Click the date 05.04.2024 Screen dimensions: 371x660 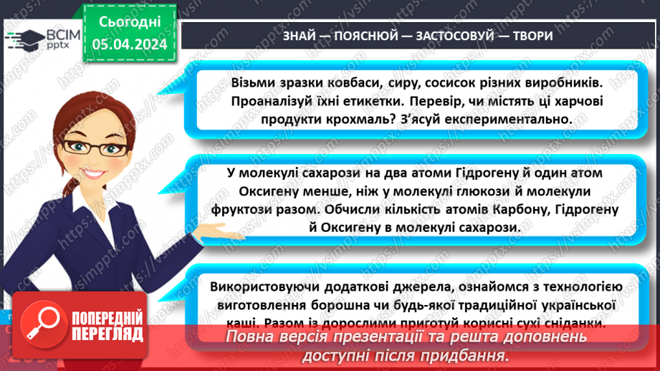[x=129, y=44]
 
